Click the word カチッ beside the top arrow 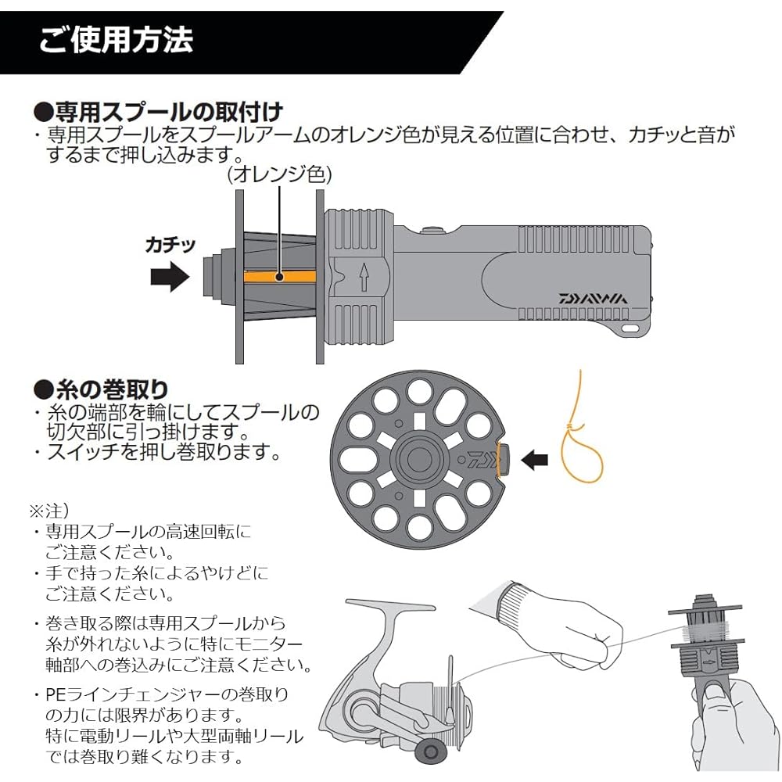tap(167, 244)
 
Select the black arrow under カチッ tap(169, 277)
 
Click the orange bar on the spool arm tap(280, 276)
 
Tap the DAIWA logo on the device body tap(592, 298)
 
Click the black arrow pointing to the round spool tap(535, 460)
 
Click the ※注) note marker tap(49, 510)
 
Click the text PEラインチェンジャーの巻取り tap(167, 694)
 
